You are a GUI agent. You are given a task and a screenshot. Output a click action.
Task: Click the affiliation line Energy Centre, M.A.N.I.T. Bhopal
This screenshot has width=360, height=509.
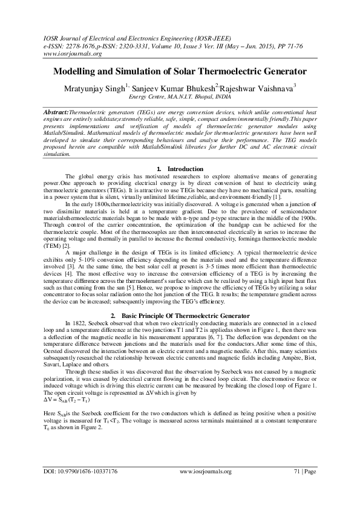pos(180,96)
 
